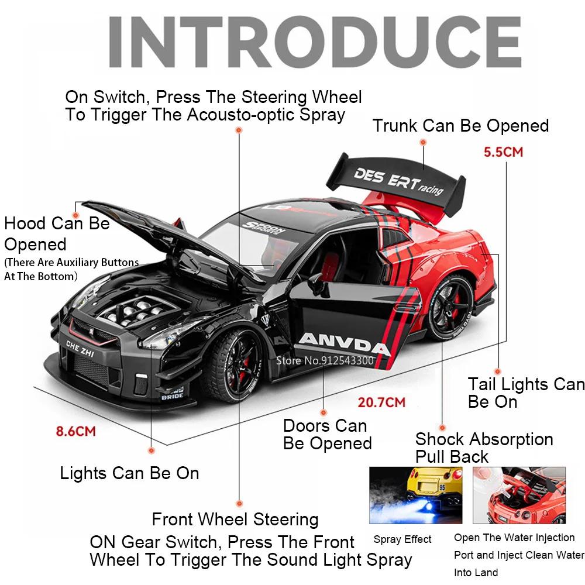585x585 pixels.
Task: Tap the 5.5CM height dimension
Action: pyautogui.click(x=503, y=152)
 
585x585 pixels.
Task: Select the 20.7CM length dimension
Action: pyautogui.click(x=381, y=402)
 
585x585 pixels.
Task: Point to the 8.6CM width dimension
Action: pyautogui.click(x=75, y=432)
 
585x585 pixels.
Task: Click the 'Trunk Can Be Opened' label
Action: pyautogui.click(x=461, y=126)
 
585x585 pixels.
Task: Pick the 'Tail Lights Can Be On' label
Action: pyautogui.click(x=525, y=393)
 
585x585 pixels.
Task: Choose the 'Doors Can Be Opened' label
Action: pyautogui.click(x=327, y=434)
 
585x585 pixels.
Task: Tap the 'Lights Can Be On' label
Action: pyautogui.click(x=129, y=473)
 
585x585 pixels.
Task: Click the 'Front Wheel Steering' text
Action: pyautogui.click(x=235, y=519)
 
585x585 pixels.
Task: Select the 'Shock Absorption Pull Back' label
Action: pyautogui.click(x=484, y=447)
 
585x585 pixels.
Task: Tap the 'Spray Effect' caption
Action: pyautogui.click(x=402, y=539)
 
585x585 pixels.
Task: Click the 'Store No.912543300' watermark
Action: pyautogui.click(x=325, y=360)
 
